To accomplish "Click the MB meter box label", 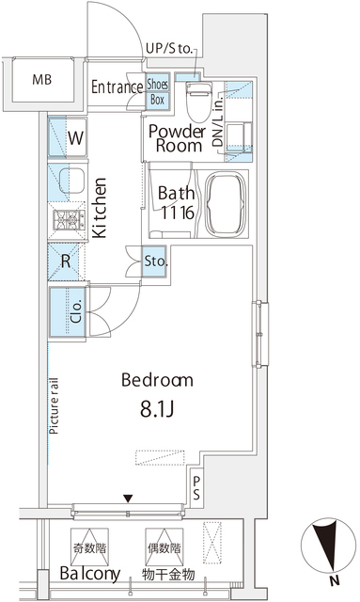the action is [42, 80].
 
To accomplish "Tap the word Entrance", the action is [117, 87].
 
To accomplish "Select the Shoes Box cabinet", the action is [157, 91].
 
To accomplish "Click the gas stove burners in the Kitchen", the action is [69, 220].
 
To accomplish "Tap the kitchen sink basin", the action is [71, 181].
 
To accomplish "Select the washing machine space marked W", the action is [68, 137].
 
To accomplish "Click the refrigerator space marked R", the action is [66, 261].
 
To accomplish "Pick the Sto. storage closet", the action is [154, 261].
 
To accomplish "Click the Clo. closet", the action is [67, 311].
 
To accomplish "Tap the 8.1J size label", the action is [157, 409].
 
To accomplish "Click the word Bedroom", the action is [157, 380].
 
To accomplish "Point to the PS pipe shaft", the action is [196, 487].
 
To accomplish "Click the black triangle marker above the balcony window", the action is [128, 499].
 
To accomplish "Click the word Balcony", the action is [90, 574].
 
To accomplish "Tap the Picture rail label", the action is [55, 406].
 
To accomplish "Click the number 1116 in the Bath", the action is [177, 213].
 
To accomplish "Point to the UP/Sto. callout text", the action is [169, 49].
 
